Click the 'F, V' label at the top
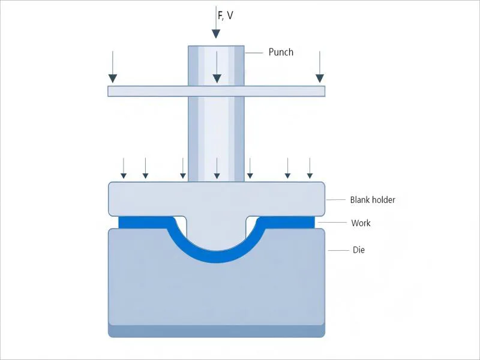[226, 15]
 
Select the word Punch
[281, 52]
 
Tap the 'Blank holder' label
[373, 200]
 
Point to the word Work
[361, 223]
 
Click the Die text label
[358, 250]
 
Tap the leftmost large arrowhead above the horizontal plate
[113, 78]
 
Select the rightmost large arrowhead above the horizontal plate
[320, 78]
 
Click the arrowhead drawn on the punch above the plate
[217, 78]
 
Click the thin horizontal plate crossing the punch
[150, 91]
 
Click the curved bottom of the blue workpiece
[216, 257]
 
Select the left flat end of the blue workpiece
[129, 223]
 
